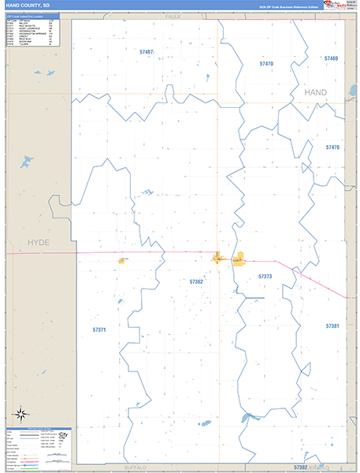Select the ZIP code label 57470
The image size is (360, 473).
pyautogui.click(x=266, y=63)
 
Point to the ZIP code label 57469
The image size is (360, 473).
pyautogui.click(x=331, y=58)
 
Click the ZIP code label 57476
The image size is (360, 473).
pyautogui.click(x=332, y=147)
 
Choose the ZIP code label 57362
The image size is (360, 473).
pyautogui.click(x=196, y=281)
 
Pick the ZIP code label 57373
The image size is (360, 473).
pyautogui.click(x=265, y=277)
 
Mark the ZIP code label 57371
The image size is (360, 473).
pyautogui.click(x=99, y=330)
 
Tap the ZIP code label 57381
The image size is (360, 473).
pyautogui.click(x=332, y=326)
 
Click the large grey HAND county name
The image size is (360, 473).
pyautogui.click(x=315, y=93)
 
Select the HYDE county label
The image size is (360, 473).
pyautogui.click(x=38, y=242)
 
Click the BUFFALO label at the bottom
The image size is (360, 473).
pyautogui.click(x=135, y=467)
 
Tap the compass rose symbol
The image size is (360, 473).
pyautogui.click(x=22, y=413)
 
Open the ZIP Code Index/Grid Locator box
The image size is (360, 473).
pyautogui.click(x=32, y=32)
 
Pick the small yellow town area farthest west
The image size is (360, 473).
pyautogui.click(x=123, y=260)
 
